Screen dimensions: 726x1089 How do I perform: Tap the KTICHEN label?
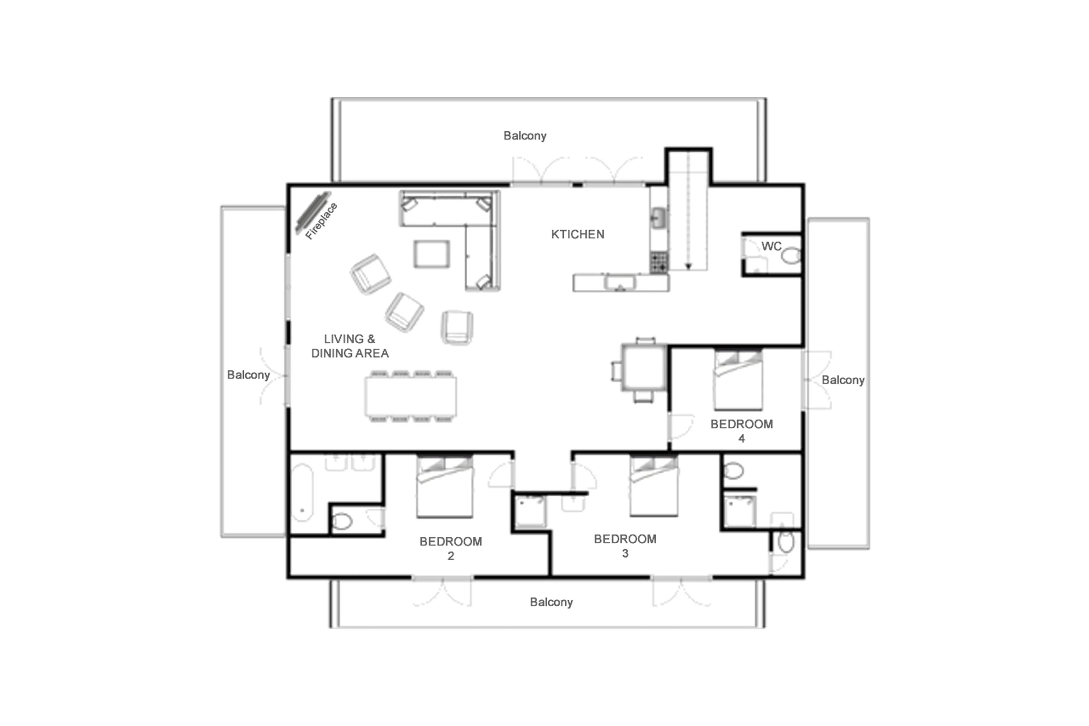(577, 234)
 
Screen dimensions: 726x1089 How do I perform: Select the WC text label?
(771, 246)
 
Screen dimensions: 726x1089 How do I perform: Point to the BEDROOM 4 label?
(741, 431)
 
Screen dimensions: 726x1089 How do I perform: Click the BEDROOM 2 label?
(450, 548)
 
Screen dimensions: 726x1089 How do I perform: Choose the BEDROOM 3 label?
(625, 546)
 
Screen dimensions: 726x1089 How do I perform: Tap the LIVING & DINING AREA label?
(349, 346)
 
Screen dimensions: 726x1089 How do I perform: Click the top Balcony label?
(525, 136)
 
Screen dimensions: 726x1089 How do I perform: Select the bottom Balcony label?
(551, 602)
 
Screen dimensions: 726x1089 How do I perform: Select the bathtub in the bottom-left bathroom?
(303, 493)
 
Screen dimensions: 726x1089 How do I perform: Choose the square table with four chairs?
(643, 367)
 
